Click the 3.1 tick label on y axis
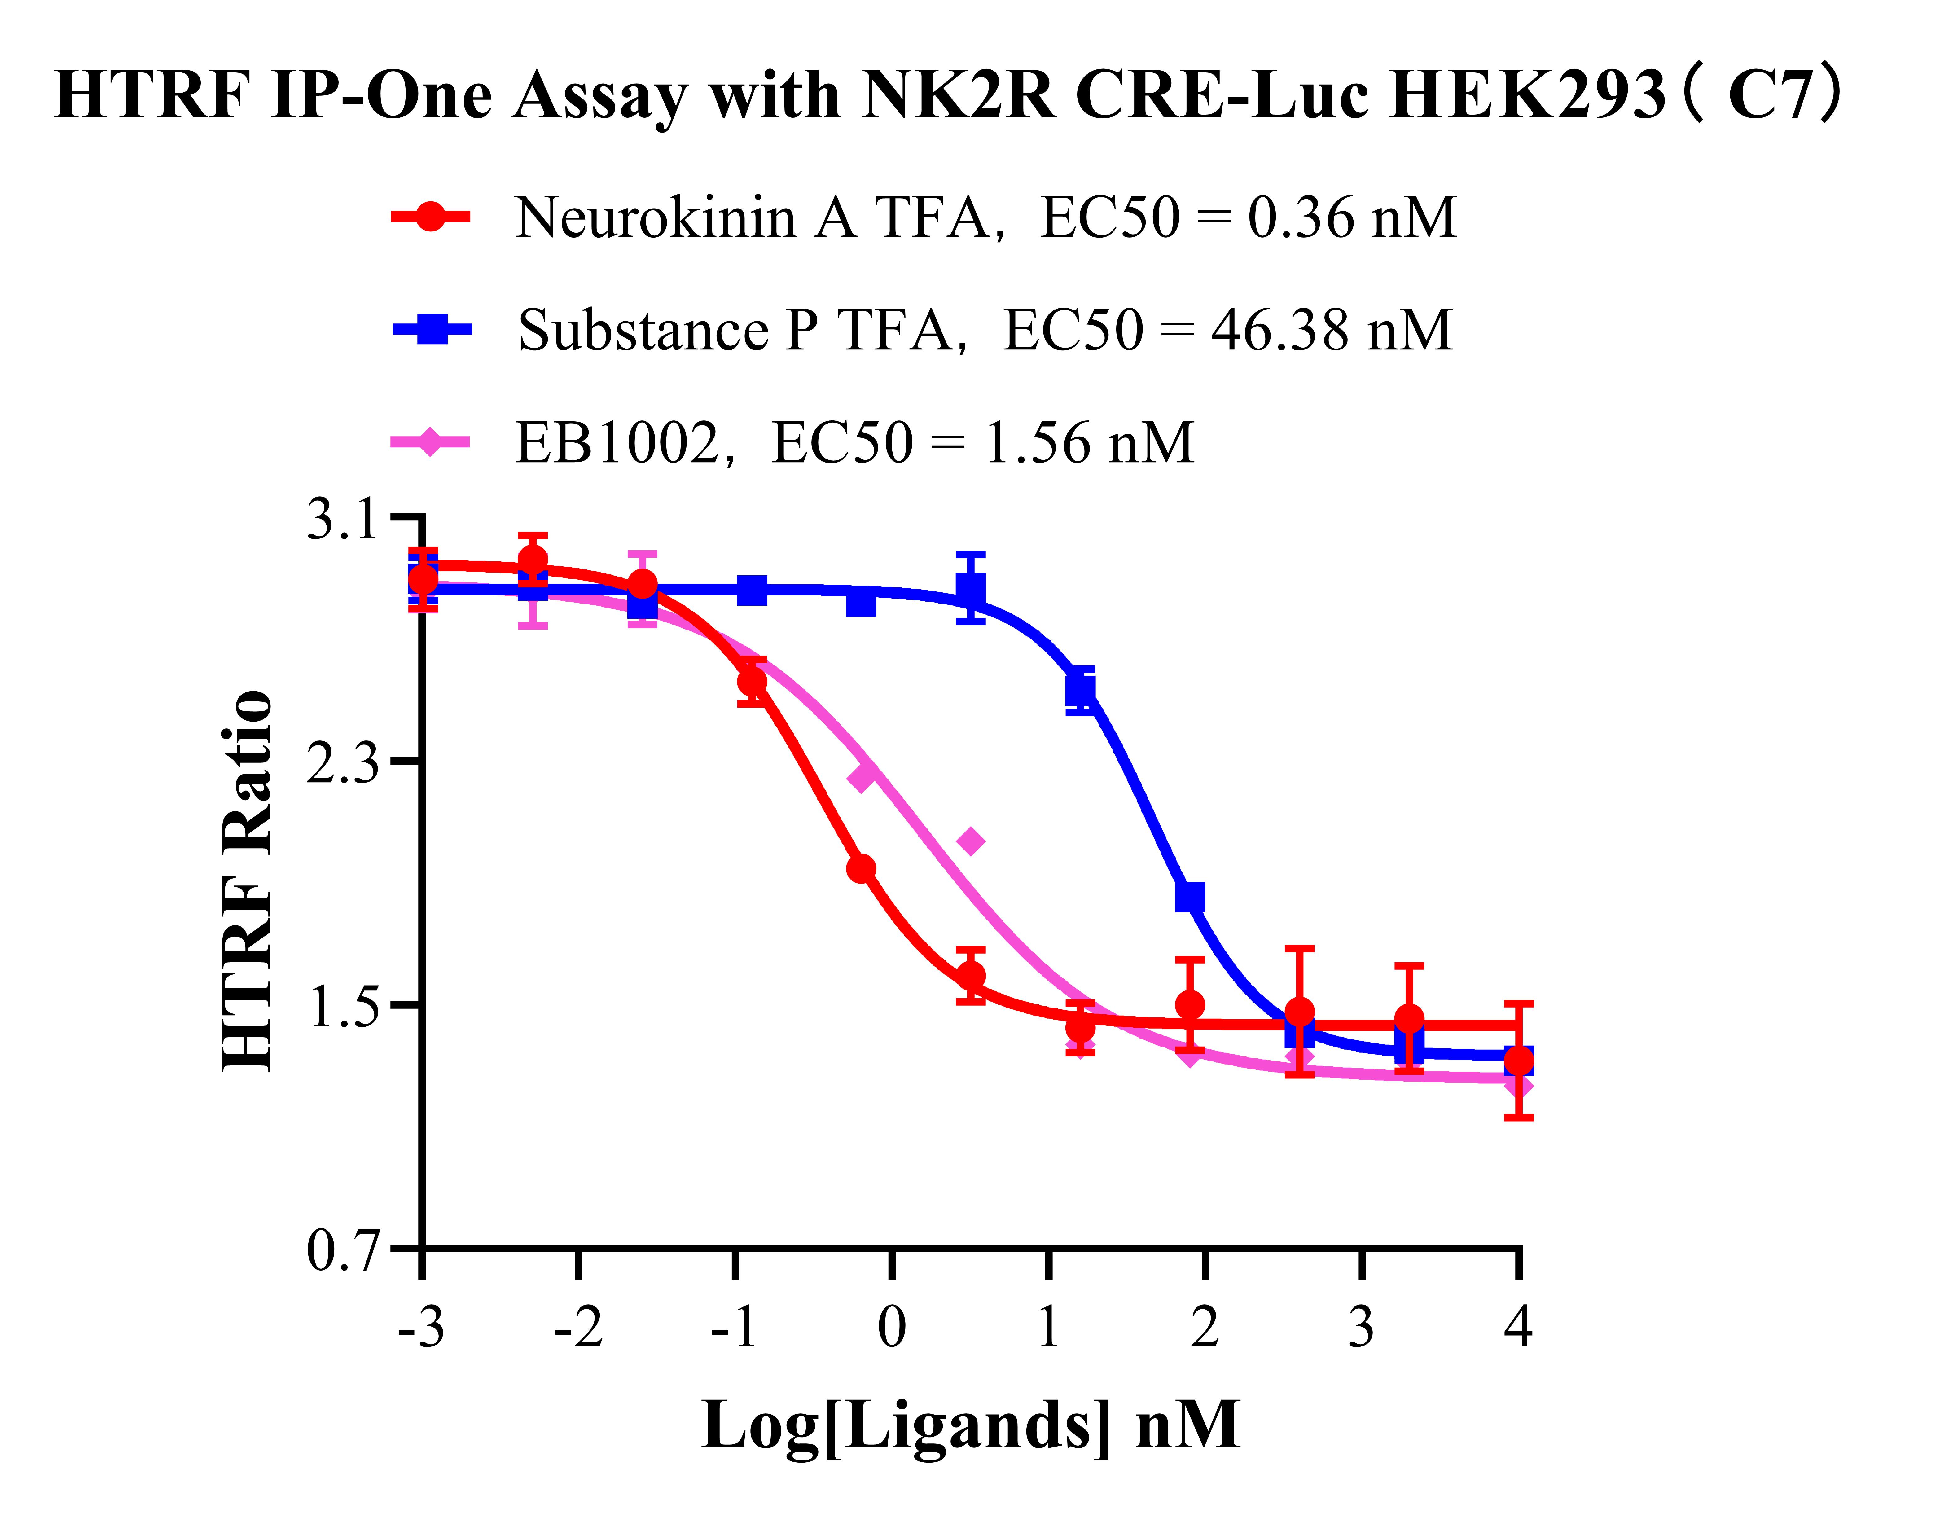(345, 520)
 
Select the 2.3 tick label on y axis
(345, 762)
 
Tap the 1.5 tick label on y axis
(345, 1007)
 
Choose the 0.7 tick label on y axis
(345, 1251)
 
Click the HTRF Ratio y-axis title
(247, 880)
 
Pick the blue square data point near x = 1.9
(1190, 898)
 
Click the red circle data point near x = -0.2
(861, 868)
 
